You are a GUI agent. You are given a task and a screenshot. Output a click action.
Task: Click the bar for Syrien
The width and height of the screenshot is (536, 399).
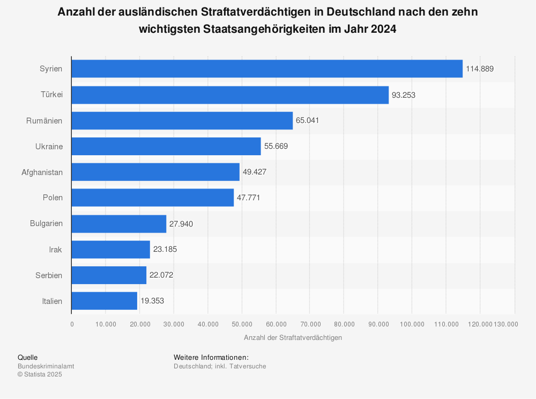point(266,69)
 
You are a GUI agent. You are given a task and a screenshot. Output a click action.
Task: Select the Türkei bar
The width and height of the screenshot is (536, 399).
point(229,95)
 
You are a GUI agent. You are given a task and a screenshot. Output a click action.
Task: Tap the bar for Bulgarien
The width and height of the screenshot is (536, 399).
point(118,224)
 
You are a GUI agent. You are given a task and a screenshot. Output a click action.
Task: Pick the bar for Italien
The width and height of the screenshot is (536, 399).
point(104,301)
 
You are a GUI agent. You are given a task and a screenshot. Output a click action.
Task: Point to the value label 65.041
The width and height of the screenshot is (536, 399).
point(307,120)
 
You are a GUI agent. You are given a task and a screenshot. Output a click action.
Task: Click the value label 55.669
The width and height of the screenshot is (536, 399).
point(275,146)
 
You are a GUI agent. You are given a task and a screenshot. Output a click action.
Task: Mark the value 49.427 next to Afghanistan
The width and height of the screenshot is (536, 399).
point(255,172)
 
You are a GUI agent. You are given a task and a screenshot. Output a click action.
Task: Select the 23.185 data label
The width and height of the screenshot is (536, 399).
point(165,249)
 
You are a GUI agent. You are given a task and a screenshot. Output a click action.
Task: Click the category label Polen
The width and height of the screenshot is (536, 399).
point(53,198)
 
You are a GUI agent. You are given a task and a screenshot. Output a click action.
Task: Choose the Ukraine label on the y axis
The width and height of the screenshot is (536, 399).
point(49,146)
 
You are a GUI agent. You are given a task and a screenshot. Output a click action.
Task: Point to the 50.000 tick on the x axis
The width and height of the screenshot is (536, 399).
point(242,324)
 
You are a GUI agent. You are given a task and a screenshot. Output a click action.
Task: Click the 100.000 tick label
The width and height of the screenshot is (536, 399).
point(412,324)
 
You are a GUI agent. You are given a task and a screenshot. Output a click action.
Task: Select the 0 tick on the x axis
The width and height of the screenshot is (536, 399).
point(72,324)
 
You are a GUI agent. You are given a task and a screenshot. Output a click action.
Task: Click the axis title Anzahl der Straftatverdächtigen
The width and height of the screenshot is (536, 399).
point(293,338)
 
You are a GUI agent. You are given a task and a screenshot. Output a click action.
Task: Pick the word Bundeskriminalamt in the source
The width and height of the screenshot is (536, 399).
point(46,366)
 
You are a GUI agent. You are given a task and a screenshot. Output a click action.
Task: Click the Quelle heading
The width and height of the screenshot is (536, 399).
point(27,357)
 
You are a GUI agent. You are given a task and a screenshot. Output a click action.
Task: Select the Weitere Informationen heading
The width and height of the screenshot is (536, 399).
point(211,357)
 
